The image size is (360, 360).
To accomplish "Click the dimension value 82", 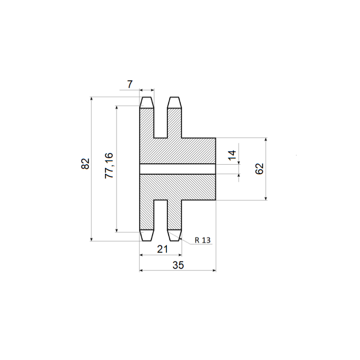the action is click(x=85, y=163).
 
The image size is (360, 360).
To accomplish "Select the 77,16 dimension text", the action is click(x=109, y=166).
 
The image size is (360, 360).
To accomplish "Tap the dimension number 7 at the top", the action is click(x=130, y=84).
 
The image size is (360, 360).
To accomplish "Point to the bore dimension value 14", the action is click(x=232, y=155).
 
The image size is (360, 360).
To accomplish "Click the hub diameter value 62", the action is click(x=260, y=169).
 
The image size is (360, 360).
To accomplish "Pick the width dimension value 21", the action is click(x=162, y=249).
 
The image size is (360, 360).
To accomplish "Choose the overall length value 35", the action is click(x=178, y=265).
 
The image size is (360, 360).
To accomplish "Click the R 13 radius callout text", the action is click(x=202, y=240).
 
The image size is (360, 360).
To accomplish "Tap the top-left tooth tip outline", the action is click(x=147, y=103).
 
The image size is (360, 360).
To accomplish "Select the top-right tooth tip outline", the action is click(x=175, y=103).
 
